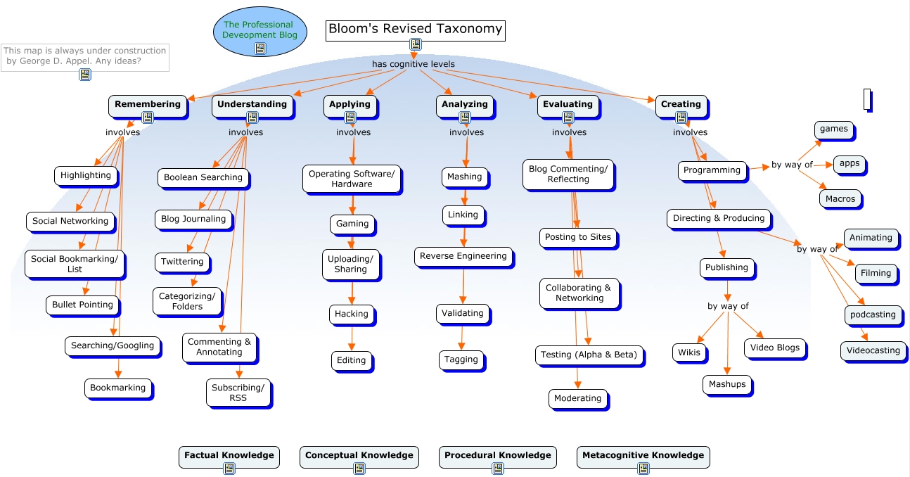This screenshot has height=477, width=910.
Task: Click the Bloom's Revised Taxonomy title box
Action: click(415, 30)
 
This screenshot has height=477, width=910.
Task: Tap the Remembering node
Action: click(148, 104)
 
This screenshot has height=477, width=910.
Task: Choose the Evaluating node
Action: click(568, 104)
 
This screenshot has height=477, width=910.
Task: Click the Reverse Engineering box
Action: click(463, 256)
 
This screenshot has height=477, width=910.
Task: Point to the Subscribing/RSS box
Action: click(238, 393)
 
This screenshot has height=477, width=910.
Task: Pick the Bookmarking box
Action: click(118, 388)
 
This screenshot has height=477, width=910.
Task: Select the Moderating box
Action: click(577, 398)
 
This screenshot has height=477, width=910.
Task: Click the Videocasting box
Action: click(873, 350)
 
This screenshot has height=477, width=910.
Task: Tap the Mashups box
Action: click(726, 384)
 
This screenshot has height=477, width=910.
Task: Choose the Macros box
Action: click(840, 198)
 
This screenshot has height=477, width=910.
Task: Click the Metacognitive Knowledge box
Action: click(643, 455)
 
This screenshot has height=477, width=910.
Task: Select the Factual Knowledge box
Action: click(229, 455)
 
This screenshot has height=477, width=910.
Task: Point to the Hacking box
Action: click(351, 314)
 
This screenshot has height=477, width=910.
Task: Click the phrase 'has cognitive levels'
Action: click(413, 64)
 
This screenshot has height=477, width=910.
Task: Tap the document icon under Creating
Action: click(681, 117)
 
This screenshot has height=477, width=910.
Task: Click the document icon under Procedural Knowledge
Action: click(497, 469)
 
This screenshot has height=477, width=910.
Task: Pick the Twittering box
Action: click(182, 262)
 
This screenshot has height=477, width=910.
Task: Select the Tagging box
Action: click(461, 360)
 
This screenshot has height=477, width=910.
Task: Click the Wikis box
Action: click(689, 352)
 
